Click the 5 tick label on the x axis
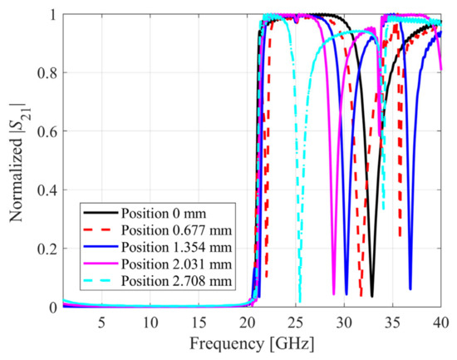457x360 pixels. [101, 321]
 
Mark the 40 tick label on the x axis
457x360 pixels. [440, 321]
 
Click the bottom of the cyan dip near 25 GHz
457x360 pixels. [299, 301]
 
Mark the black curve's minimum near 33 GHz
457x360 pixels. [372, 295]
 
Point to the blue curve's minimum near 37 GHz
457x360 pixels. [410, 288]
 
